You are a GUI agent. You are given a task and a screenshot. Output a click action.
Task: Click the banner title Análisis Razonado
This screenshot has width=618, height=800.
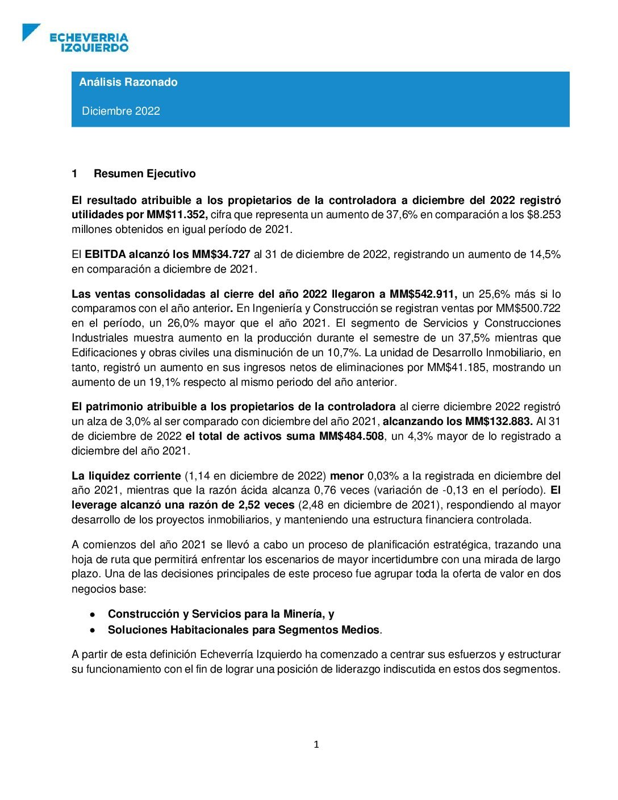[128, 82]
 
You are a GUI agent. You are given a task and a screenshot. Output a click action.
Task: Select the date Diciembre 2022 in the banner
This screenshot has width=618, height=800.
[121, 111]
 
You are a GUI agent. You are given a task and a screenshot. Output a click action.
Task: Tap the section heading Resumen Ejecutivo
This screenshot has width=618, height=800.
[144, 174]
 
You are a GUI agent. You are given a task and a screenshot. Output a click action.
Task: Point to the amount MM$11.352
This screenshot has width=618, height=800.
[177, 215]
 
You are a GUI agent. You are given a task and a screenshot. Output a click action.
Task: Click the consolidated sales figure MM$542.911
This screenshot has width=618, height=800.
[423, 294]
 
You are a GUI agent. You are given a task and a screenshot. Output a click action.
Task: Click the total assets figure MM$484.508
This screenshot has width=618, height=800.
[352, 436]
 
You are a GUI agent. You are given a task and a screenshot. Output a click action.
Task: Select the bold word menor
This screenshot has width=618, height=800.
[347, 476]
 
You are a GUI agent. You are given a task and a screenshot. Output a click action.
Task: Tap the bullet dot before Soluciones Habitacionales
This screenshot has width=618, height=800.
[92, 630]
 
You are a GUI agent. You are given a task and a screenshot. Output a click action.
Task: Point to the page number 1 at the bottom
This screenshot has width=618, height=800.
[316, 745]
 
